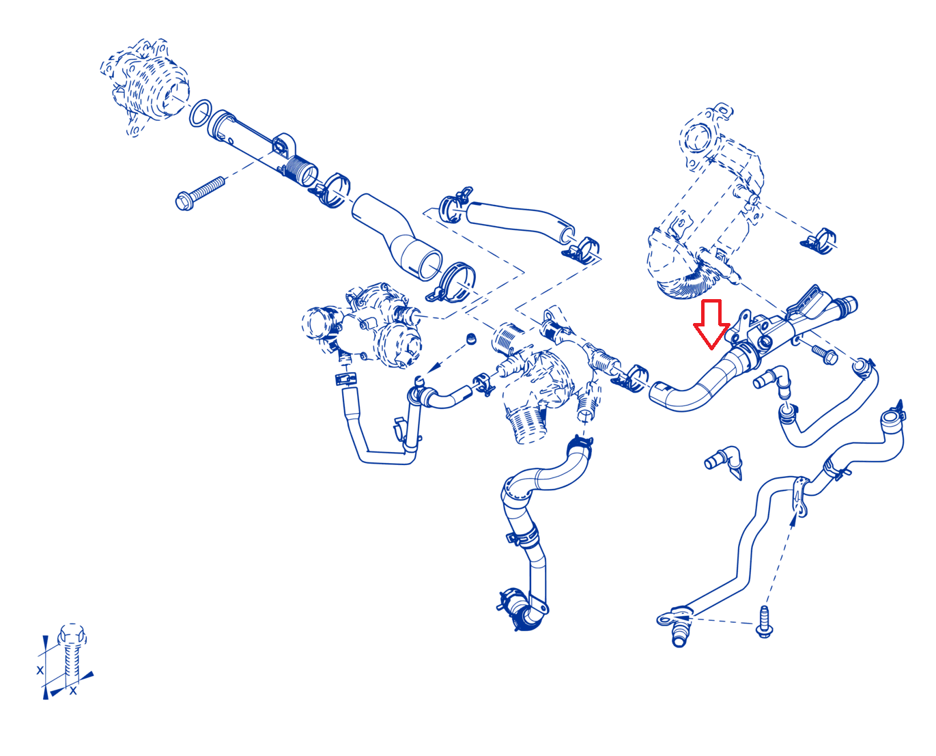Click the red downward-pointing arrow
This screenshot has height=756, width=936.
(711, 324)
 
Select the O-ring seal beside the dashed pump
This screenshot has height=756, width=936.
(201, 113)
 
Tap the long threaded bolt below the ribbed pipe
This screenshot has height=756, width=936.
(199, 193)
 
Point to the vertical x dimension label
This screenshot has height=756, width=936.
(40, 670)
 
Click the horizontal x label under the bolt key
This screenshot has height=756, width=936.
(73, 690)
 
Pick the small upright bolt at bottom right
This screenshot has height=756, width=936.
(764, 621)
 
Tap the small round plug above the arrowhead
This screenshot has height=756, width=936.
(470, 339)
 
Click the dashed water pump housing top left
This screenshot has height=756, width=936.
(145, 86)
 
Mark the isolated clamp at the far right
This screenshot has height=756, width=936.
(819, 241)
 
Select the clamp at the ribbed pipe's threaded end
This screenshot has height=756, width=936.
(332, 190)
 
